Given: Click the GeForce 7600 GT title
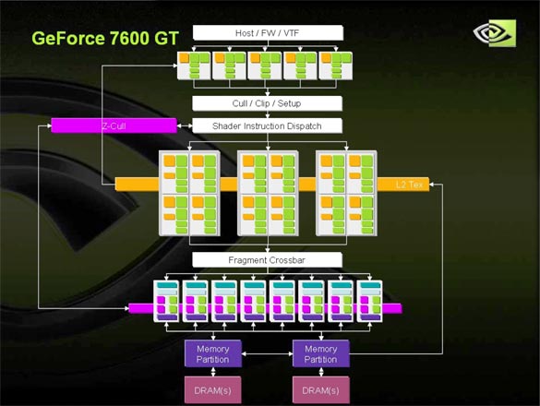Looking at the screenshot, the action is [x=105, y=38].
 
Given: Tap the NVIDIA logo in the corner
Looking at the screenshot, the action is [x=494, y=33].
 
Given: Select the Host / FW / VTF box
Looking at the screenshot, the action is [x=268, y=33].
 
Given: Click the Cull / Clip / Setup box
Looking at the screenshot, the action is [x=268, y=103].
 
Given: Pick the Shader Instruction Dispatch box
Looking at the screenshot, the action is [x=268, y=126].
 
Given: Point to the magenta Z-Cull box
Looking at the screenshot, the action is [x=114, y=125].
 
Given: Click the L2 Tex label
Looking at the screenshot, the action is [x=409, y=185].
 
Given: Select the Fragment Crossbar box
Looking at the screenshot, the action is [x=268, y=260].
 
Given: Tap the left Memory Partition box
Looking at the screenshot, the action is [x=213, y=354].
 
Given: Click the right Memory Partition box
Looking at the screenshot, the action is [x=321, y=354].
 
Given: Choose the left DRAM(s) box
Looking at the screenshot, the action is [x=213, y=390].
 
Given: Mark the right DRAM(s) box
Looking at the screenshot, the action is [x=321, y=390].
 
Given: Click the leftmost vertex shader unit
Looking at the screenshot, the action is [x=194, y=66].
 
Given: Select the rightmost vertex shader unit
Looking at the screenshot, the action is [x=336, y=66].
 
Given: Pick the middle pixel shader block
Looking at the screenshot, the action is [x=268, y=193].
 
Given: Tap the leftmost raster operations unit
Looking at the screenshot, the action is [x=166, y=302].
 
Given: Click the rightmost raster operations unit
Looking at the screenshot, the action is [x=369, y=302].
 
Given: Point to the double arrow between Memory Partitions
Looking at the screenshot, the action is [x=268, y=353].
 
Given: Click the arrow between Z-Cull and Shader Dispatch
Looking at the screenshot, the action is [x=185, y=126].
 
